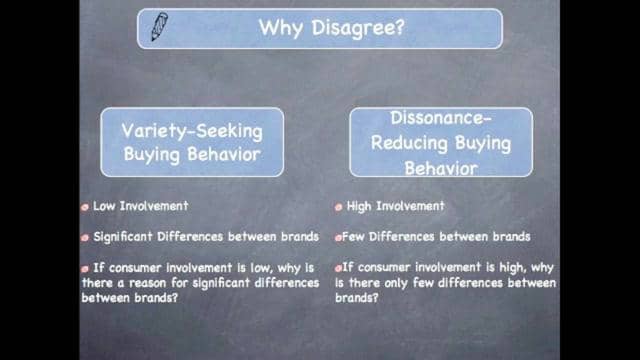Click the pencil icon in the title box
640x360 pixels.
pyautogui.click(x=159, y=27)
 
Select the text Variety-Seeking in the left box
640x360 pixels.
pyautogui.click(x=192, y=132)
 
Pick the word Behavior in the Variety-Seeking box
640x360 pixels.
pyautogui.click(x=222, y=156)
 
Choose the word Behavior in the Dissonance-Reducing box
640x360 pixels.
pyautogui.click(x=440, y=167)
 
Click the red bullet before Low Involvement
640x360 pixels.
pyautogui.click(x=86, y=207)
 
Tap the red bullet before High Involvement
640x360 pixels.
pyautogui.click(x=339, y=207)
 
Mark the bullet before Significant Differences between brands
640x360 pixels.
pyautogui.click(x=86, y=238)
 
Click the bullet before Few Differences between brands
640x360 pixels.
pyautogui.click(x=339, y=238)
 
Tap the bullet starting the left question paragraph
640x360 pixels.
pyautogui.click(x=86, y=269)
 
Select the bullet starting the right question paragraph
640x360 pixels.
pyautogui.click(x=339, y=269)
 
